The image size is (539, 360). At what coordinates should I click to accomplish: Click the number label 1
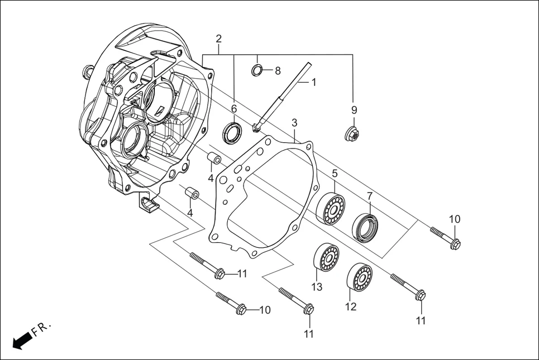[x=314, y=82]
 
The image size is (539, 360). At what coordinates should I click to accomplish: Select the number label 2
[x=218, y=39]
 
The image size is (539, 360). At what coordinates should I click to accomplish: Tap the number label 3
[x=294, y=122]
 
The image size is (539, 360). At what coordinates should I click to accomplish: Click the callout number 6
[x=234, y=108]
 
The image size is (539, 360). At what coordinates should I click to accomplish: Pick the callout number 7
[x=369, y=196]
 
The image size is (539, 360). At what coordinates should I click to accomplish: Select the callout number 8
[x=278, y=71]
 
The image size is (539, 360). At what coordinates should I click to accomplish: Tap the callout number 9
[x=354, y=109]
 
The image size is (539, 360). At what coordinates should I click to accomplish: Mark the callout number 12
[x=350, y=306]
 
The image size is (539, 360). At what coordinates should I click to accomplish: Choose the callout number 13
[x=317, y=287]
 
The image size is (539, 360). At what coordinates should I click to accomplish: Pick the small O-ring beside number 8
[x=257, y=70]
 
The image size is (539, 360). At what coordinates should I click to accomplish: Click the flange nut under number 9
[x=352, y=134]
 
